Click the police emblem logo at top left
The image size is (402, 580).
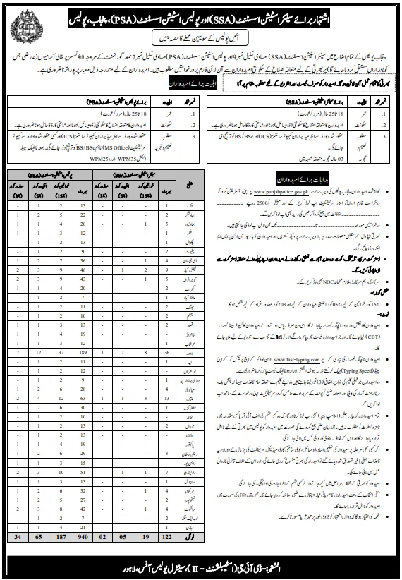[x=22, y=21]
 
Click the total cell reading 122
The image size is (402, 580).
[x=166, y=536]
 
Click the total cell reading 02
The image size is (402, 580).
[x=101, y=536]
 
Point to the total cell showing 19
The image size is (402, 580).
[x=144, y=536]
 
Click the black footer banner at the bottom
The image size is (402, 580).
[x=200, y=563]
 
